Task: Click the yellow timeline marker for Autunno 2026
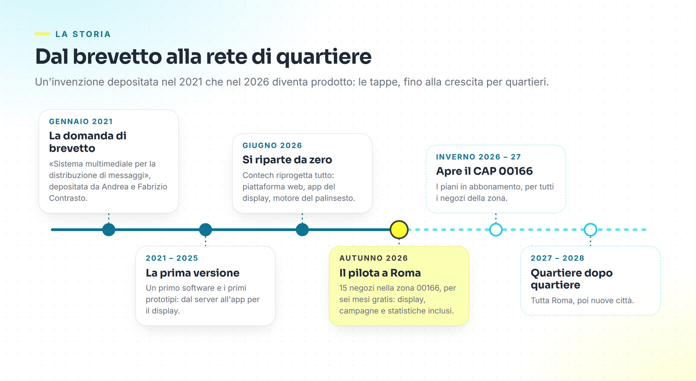coord(399,230)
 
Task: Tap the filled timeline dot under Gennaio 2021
coord(109,230)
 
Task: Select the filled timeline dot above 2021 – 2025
coord(206,230)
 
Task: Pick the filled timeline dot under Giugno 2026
coord(302,230)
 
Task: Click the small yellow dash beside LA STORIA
coord(42,34)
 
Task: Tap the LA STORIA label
coord(83,34)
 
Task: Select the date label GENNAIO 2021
coord(81,122)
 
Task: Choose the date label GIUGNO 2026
coord(272,146)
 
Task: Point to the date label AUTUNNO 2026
coord(374,258)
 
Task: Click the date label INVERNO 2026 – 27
coord(478,157)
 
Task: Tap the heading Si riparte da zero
coord(287,160)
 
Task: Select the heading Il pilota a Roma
coord(380,273)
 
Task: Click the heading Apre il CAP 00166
coord(484,171)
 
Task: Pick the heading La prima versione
coord(192,273)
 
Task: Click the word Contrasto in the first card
coord(68,198)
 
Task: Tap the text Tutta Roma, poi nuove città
coord(582,300)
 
